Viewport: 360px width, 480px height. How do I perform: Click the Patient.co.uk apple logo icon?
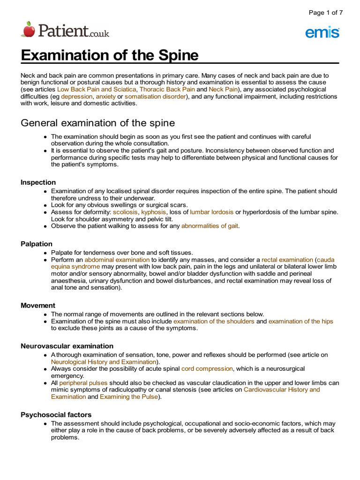click(28, 29)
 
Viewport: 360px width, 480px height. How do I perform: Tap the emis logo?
click(322, 32)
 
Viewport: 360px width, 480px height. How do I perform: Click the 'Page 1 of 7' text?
click(325, 13)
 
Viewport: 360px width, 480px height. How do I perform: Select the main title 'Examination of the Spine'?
click(110, 55)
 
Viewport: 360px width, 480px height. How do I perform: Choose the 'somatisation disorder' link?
click(156, 96)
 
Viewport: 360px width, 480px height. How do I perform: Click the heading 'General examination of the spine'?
click(98, 123)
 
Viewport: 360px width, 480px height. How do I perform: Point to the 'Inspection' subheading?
click(38, 182)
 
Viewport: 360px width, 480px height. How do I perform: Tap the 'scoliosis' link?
click(125, 212)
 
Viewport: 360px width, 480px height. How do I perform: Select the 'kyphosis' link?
click(154, 212)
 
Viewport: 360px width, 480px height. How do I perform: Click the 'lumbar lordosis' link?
click(211, 212)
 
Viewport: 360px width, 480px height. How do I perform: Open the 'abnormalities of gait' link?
click(210, 226)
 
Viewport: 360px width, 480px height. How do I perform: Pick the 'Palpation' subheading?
click(37, 244)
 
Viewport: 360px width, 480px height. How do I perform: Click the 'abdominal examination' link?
click(117, 259)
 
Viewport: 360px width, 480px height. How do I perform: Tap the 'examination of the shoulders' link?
click(214, 321)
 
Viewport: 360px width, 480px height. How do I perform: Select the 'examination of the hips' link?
click(301, 321)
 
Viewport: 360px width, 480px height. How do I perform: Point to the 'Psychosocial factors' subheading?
click(56, 414)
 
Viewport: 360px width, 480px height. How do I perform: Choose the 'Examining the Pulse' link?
click(129, 397)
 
